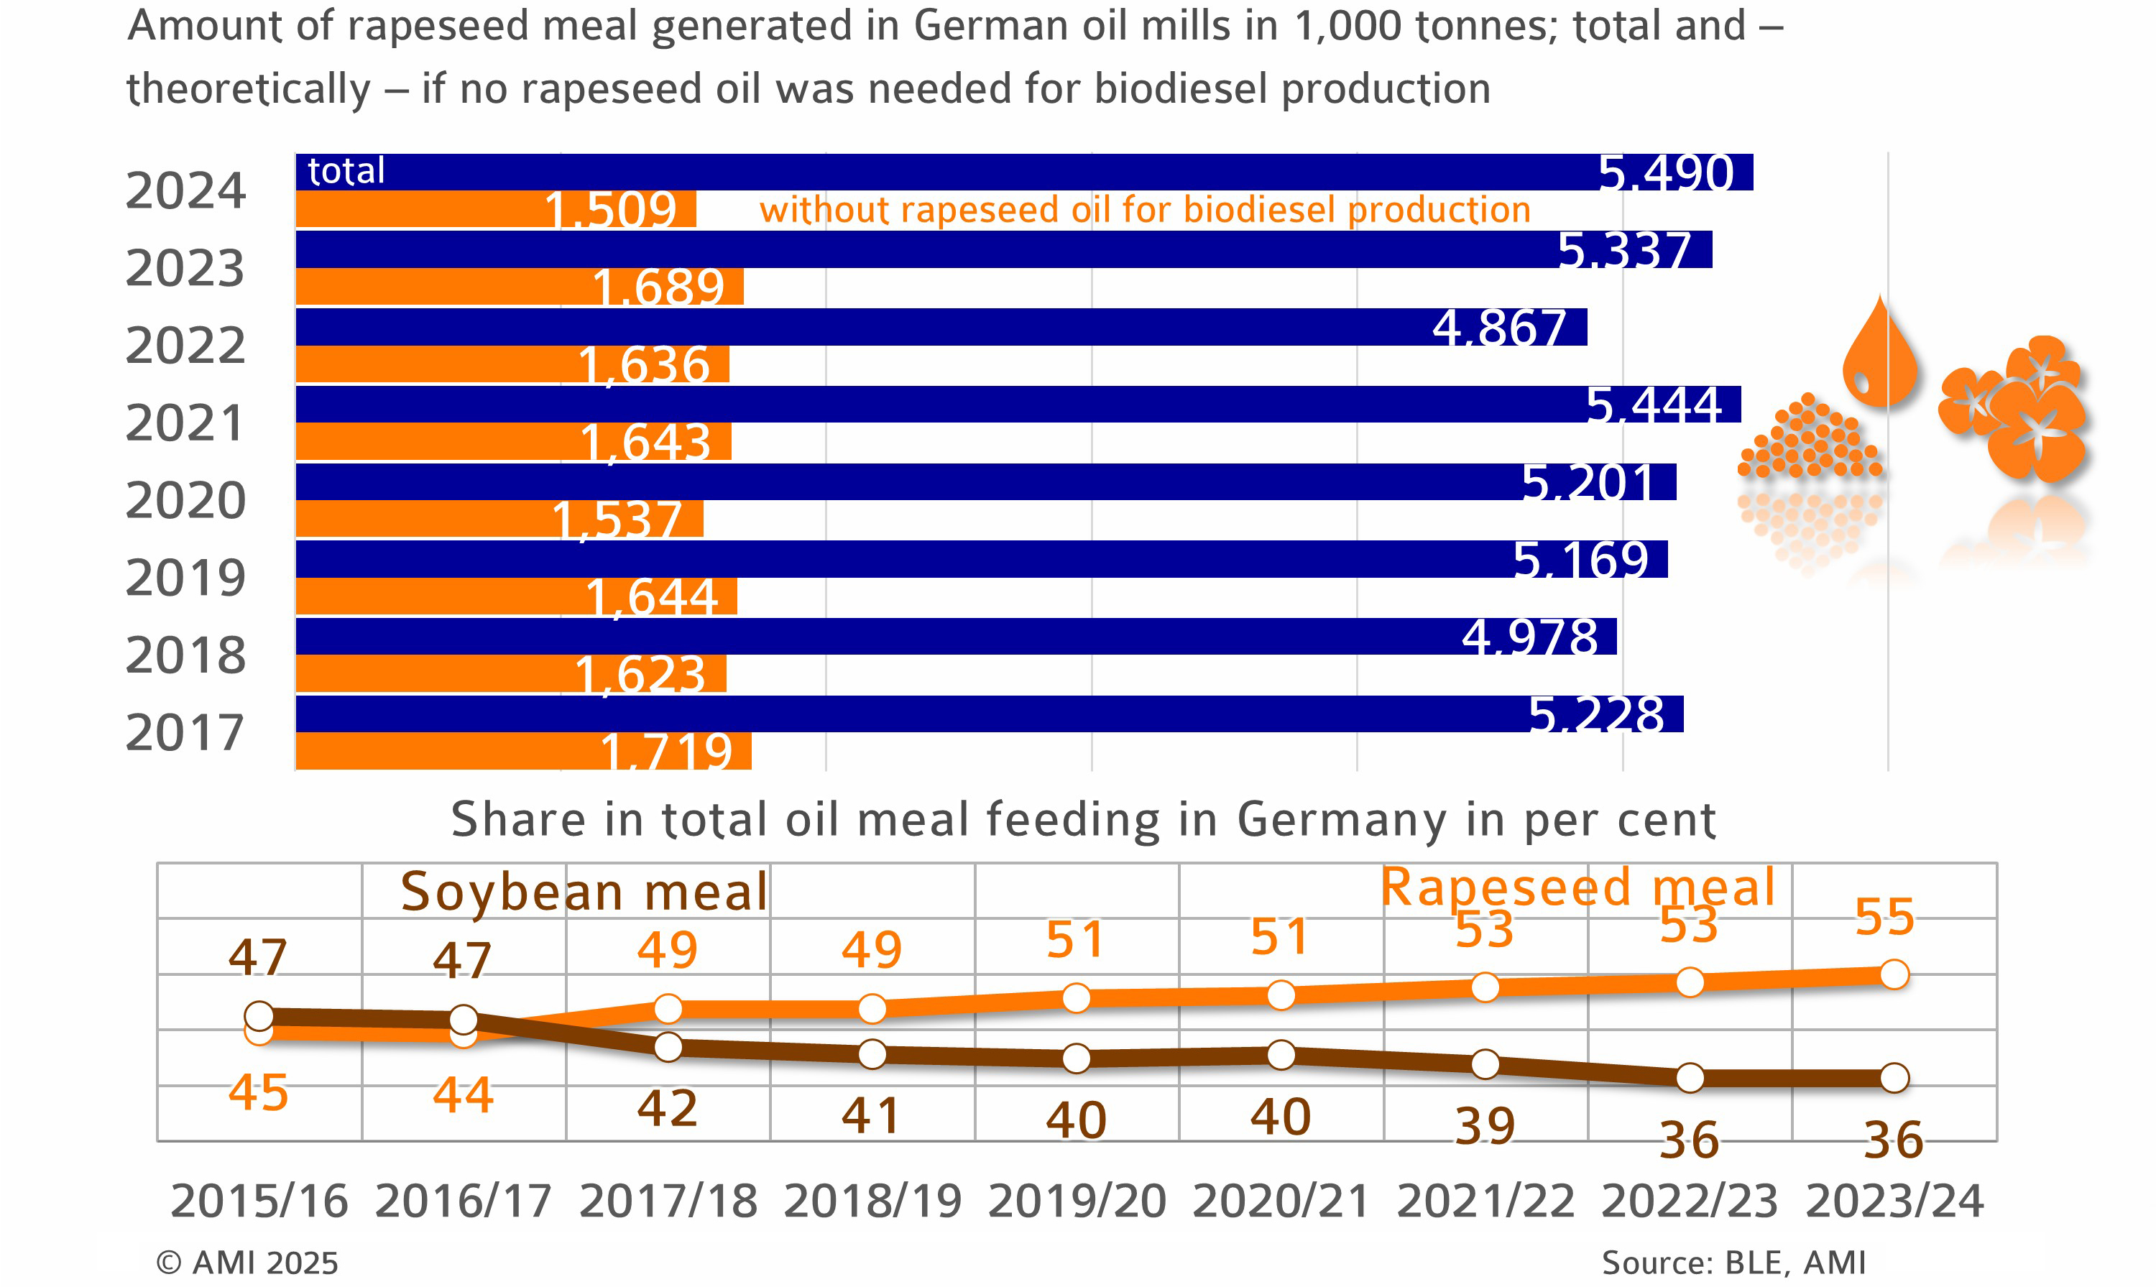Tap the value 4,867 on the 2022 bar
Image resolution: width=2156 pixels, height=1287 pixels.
pos(1498,328)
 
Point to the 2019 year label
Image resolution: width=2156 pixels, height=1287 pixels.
pos(185,578)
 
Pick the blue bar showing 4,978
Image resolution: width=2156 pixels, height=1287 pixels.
pos(954,637)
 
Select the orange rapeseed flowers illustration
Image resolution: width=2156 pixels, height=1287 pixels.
pos(2017,407)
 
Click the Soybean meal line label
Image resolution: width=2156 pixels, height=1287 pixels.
pos(584,892)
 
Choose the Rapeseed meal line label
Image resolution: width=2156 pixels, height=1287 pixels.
pos(1577,887)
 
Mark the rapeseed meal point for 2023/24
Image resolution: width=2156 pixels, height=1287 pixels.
pos(1894,974)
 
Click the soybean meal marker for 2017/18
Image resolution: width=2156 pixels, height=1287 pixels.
pos(668,1047)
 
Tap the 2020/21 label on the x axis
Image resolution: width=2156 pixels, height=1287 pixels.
pos(1281,1201)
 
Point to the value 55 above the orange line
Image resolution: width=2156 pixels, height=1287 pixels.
pos(1884,917)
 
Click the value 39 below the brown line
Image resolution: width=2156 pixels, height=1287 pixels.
pos(1485,1127)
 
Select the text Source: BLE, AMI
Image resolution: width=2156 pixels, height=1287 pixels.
pos(1733,1263)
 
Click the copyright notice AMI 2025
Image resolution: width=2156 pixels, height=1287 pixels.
pos(247,1263)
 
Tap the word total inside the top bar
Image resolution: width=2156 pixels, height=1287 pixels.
pos(346,171)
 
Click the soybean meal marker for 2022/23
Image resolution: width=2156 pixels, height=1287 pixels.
pos(1690,1078)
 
